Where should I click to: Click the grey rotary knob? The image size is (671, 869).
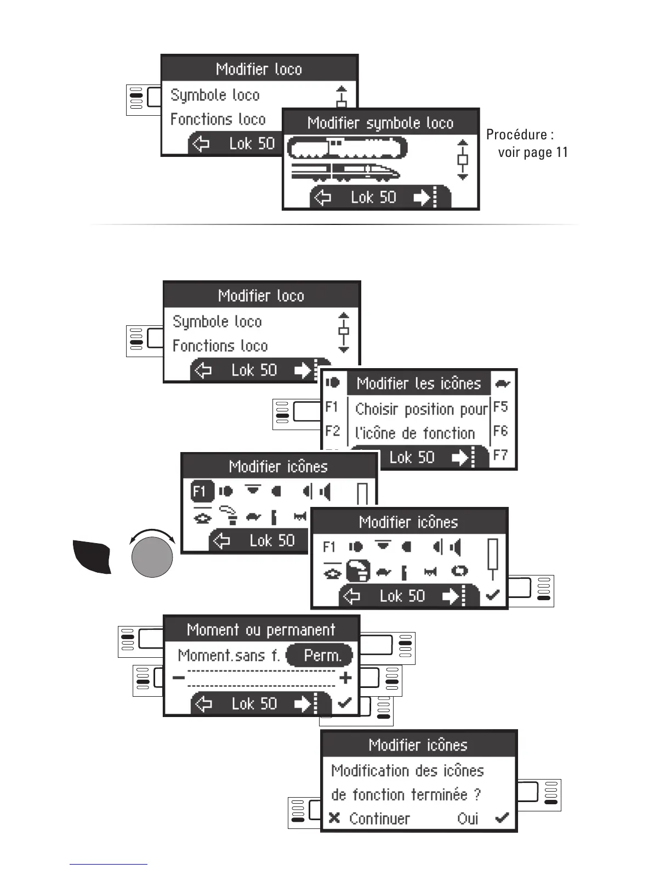152,557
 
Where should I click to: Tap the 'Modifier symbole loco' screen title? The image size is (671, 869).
380,123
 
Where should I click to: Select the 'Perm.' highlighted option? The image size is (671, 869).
322,655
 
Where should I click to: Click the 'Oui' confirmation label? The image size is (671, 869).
468,819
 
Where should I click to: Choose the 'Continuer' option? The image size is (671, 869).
379,819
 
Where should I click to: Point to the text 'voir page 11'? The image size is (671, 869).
533,152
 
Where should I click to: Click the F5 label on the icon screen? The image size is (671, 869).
501,407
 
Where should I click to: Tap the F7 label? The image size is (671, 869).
501,455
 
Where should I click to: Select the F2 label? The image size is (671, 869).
332,431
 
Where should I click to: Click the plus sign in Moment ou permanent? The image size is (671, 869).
345,678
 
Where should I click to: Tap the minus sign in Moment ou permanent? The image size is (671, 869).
178,678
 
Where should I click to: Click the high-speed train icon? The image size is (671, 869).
345,172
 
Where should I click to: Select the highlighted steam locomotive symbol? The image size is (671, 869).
348,147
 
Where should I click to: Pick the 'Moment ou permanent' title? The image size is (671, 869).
261,629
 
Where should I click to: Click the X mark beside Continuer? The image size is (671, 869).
334,819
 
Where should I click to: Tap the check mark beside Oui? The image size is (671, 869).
502,819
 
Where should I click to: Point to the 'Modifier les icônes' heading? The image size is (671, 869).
418,383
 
